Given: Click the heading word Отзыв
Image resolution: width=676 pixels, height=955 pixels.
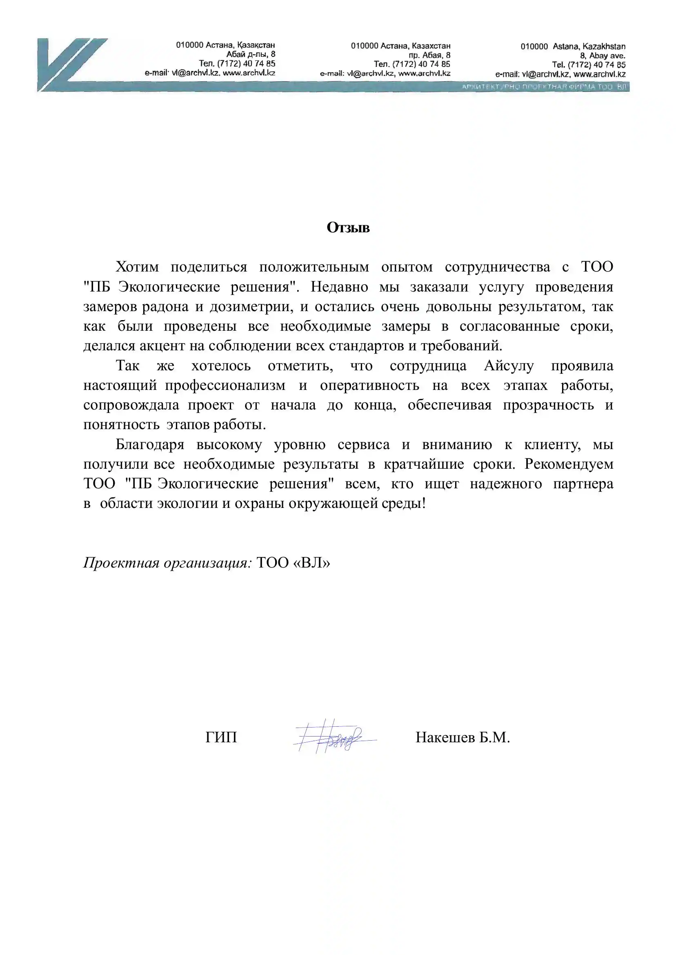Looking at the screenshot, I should [x=348, y=228].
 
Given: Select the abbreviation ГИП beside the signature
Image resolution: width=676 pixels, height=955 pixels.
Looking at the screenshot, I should [x=221, y=738].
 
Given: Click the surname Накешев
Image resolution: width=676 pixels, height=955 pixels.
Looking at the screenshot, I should [x=445, y=738].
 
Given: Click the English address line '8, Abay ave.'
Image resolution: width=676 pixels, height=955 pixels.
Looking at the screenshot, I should [x=603, y=56].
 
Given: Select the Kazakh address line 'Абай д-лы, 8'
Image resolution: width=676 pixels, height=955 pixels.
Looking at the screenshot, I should [x=251, y=54].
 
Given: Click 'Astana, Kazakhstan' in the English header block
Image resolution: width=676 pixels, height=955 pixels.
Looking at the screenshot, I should [x=589, y=47].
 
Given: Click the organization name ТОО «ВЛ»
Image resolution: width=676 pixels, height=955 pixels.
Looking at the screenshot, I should [x=293, y=563].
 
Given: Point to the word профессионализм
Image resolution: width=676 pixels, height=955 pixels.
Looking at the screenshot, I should [x=225, y=385].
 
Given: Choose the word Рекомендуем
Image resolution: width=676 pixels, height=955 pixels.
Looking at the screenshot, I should [x=569, y=464].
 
